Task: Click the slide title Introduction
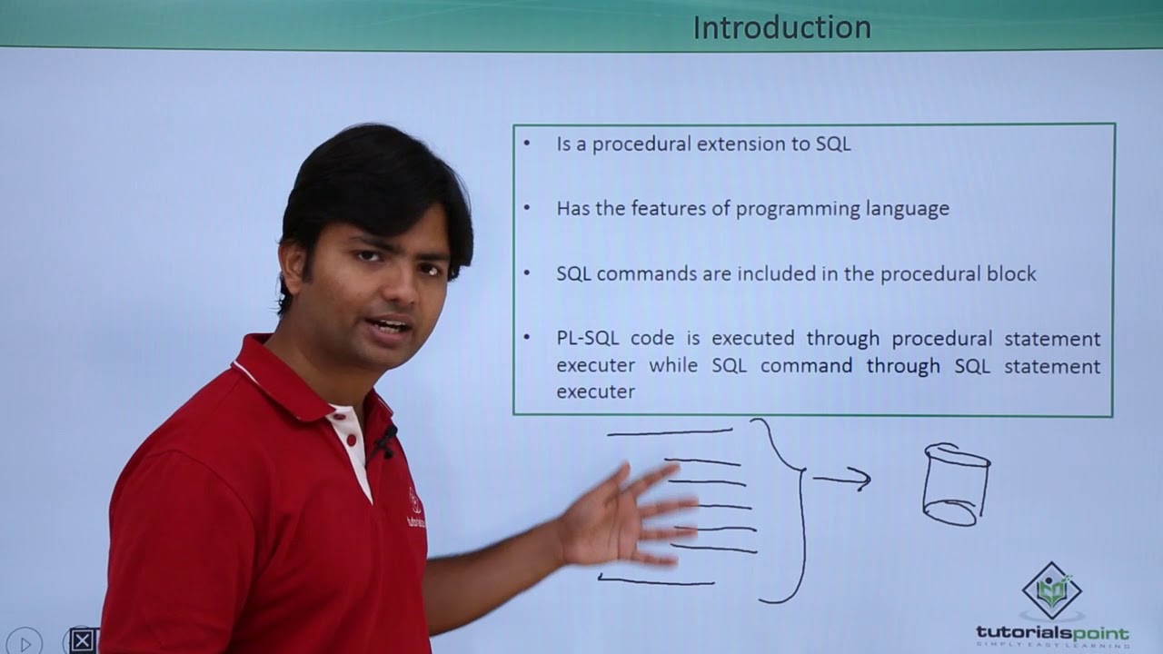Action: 781,28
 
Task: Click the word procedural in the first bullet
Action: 635,144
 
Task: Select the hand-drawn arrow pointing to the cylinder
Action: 841,480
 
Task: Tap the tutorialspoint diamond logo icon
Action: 1051,590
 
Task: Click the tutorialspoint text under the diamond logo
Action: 1052,632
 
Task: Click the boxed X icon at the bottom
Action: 82,640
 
